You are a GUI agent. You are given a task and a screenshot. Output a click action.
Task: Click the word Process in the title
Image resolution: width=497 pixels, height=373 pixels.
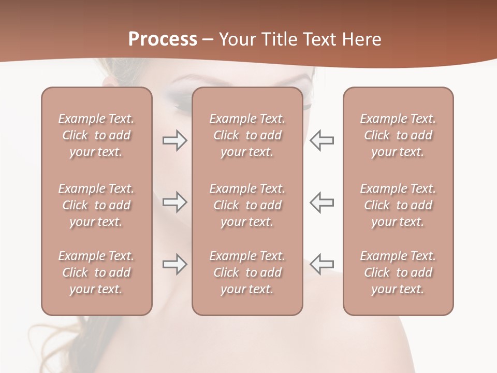(x=163, y=39)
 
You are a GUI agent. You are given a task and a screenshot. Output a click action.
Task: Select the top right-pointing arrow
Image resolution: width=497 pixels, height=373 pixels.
(x=174, y=140)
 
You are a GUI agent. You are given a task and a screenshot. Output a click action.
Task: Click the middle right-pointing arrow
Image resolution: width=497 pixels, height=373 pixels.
(x=174, y=202)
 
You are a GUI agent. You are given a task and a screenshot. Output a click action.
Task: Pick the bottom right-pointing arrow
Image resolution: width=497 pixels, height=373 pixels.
(x=174, y=264)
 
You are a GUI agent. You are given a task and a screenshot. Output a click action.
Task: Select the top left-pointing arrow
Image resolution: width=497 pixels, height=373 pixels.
(x=321, y=140)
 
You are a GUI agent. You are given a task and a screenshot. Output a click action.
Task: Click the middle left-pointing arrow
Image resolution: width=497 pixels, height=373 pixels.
(x=321, y=202)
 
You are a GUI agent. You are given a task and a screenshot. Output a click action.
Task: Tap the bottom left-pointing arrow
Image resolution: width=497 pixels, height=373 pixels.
(x=321, y=264)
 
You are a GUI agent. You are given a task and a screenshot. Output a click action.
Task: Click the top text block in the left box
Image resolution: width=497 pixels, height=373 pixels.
(x=96, y=135)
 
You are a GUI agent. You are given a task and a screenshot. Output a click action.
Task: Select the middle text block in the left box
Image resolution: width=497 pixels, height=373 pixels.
(x=96, y=205)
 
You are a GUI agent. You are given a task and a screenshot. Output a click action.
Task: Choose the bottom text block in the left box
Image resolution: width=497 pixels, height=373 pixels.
(x=96, y=272)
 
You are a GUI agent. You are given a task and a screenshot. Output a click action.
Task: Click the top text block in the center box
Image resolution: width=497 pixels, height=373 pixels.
(x=247, y=135)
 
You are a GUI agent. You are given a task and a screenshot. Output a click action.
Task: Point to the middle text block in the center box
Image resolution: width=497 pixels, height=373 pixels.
(x=247, y=205)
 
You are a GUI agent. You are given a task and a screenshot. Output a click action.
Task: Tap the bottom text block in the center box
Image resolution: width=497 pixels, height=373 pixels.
(x=247, y=272)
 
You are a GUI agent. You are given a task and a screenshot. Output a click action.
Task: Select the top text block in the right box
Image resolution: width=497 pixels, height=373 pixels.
(x=398, y=135)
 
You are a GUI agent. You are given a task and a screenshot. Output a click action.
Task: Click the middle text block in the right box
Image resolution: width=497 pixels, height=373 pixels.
(x=398, y=205)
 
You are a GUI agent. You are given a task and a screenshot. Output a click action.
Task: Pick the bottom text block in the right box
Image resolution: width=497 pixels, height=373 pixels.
(x=398, y=272)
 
